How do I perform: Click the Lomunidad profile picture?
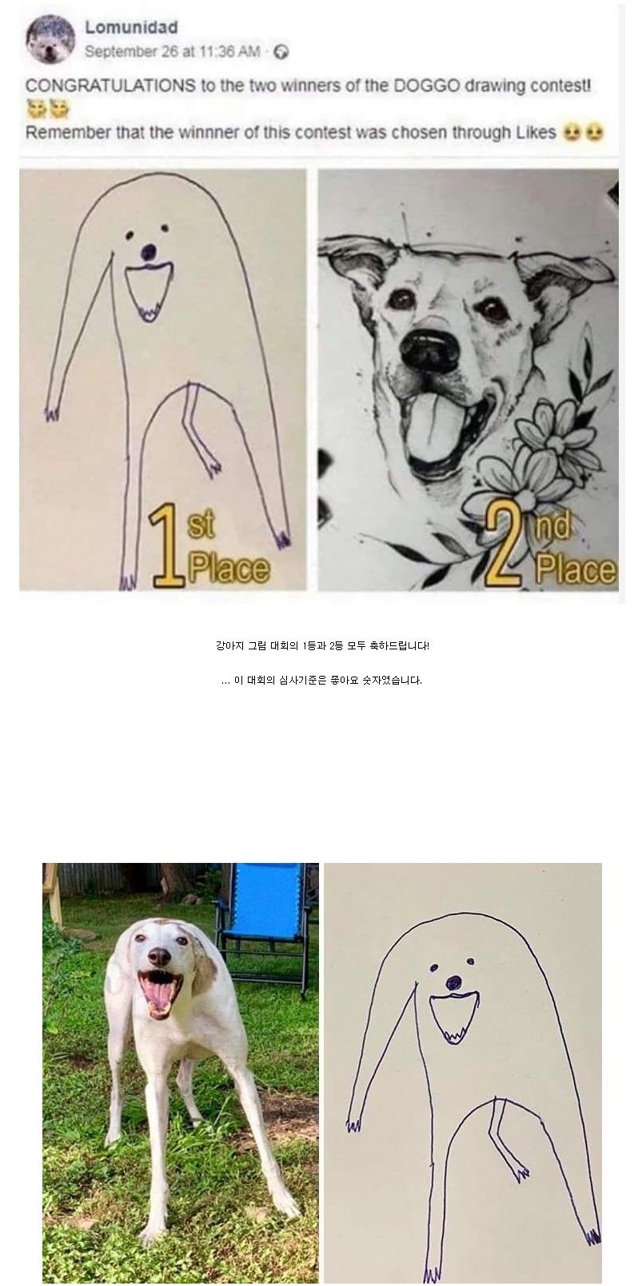pos(50,40)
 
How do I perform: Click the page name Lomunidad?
pos(131,27)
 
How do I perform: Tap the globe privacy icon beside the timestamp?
pos(281,52)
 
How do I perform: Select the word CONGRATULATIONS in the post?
pos(111,86)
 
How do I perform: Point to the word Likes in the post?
pos(536,133)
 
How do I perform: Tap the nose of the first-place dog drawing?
pos(149,251)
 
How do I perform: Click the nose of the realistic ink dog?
pos(430,350)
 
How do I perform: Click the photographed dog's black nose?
pos(159,956)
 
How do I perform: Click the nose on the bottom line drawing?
pos(454,982)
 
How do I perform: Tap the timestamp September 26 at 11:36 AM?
pos(173,52)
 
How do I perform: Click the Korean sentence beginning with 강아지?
pos(322,645)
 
